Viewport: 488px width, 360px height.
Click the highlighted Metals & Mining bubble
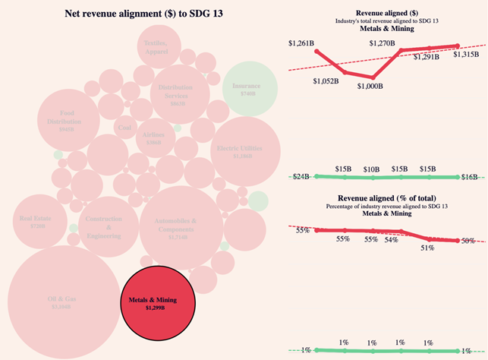pyautogui.click(x=159, y=305)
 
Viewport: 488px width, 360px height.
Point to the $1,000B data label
pyautogui.click(x=371, y=86)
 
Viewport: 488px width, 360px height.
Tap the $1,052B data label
pyautogui.click(x=324, y=81)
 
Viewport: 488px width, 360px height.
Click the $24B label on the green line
pyautogui.click(x=301, y=177)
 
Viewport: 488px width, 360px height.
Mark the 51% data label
pyautogui.click(x=427, y=247)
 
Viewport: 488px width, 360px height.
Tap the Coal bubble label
pyautogui.click(x=124, y=128)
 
